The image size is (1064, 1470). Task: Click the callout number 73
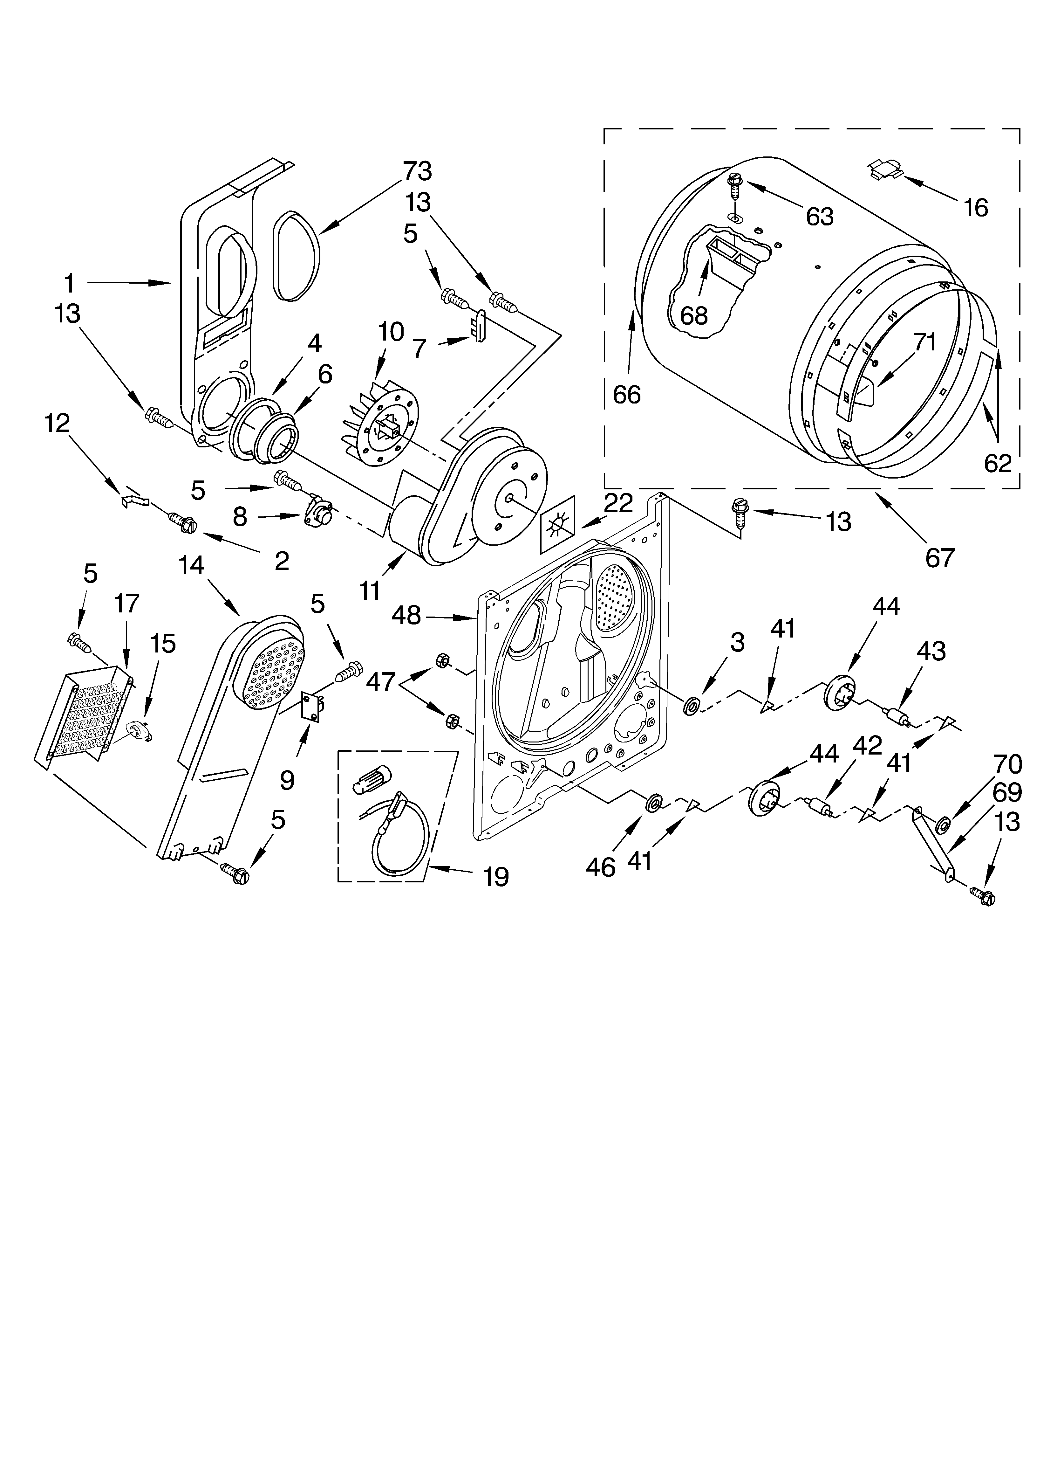pos(417,171)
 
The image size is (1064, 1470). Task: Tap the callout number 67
pos(940,557)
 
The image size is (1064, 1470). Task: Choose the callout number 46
pos(600,866)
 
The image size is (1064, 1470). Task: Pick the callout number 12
pos(57,423)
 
